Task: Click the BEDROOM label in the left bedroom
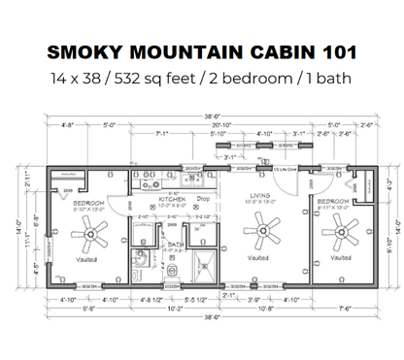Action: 90,202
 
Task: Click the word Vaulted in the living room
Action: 258,259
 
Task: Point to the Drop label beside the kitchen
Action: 203,200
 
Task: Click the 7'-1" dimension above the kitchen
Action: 161,134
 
